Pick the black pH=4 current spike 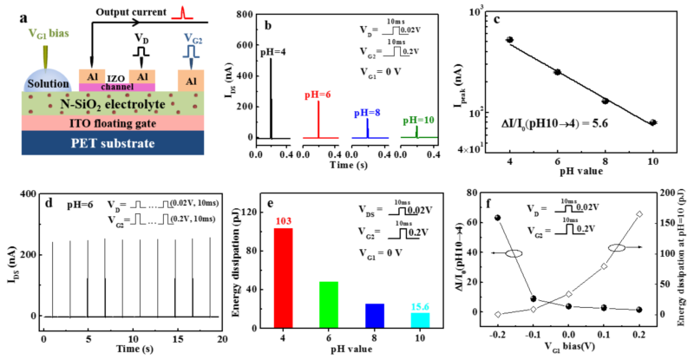point(271,95)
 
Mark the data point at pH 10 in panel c point(653,123)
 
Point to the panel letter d point(49,203)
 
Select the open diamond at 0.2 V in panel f point(639,214)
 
